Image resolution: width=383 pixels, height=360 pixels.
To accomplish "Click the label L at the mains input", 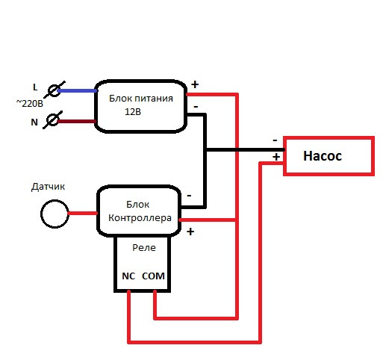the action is (35, 87).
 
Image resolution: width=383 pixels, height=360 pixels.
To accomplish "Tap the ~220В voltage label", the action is (30, 103).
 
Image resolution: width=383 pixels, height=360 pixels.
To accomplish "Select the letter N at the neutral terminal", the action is (34, 122).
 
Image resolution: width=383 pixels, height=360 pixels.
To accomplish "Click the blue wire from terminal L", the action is (78, 91).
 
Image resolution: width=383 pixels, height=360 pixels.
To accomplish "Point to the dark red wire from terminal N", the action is (77, 122).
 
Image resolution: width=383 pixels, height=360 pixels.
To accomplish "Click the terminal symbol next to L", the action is (55, 90).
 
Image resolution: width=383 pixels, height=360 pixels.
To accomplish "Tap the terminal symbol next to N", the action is (53, 120).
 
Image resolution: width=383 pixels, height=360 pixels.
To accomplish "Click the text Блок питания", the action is (141, 99).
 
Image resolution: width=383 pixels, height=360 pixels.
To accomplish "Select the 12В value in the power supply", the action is (133, 112).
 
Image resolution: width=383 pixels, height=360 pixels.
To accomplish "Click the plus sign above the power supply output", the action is (195, 84).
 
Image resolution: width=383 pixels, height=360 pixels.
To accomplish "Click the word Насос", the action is (323, 156).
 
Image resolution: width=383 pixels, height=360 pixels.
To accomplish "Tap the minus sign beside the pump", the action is (275, 140).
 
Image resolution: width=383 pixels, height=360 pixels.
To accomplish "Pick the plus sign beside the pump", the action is (276, 157).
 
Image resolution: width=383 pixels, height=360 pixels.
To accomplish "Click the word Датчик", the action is (48, 187).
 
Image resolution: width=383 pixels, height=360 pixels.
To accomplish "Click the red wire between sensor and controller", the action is (83, 214).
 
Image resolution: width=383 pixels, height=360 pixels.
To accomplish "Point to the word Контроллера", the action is (140, 218).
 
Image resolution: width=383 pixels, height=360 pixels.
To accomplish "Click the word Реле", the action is (144, 248).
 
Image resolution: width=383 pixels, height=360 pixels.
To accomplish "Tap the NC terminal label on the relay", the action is (128, 276).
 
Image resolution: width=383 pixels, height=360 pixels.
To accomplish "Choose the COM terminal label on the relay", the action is (153, 276).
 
